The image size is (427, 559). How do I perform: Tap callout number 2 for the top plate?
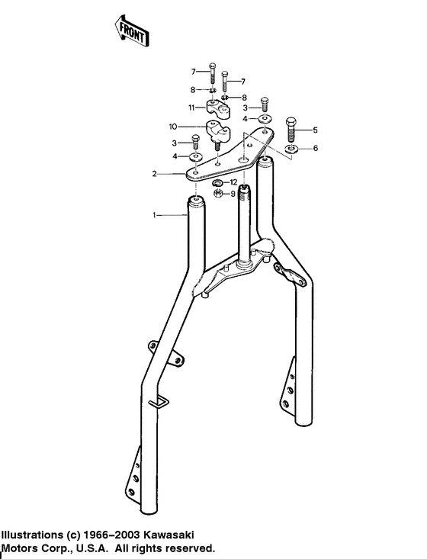155,175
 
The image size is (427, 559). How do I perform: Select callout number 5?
315,130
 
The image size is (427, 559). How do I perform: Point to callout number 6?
315,148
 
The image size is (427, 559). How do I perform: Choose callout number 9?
233,194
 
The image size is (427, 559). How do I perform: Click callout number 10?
172,126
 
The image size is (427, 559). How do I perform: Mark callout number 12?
234,182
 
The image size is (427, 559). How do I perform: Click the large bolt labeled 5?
291,127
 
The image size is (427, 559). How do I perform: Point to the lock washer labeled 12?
217,184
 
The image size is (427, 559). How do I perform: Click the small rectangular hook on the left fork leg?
159,402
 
